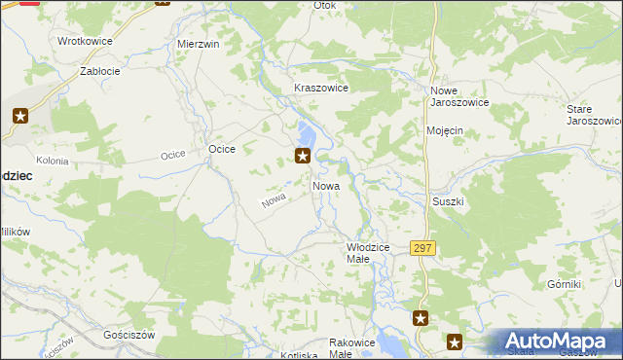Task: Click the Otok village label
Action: [324, 5]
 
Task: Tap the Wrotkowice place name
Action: [85, 42]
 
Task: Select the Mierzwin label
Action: [198, 45]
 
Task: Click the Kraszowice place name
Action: [321, 88]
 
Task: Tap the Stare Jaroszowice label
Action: [594, 115]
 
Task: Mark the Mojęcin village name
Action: [444, 129]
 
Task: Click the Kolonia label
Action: [52, 161]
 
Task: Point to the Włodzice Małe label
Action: [369, 254]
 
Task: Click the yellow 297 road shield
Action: [421, 249]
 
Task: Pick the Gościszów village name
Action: [130, 334]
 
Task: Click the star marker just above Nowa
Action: [304, 156]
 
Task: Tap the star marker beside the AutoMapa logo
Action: [455, 341]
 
